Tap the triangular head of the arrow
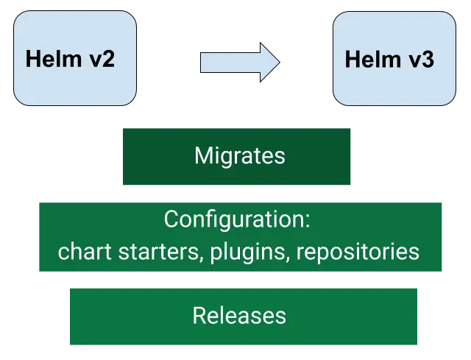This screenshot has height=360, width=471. pos(269,62)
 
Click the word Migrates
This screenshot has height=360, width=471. pos(239,156)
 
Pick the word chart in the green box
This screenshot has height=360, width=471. pos(79,252)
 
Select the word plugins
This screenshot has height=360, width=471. pos(248,252)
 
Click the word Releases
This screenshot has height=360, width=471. pos(239,315)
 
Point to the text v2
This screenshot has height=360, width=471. pos(100,59)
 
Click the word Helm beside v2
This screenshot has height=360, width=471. pos(52,59)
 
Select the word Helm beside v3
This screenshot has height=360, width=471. pos(369,59)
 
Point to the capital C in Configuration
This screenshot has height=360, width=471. pos(171,219)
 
